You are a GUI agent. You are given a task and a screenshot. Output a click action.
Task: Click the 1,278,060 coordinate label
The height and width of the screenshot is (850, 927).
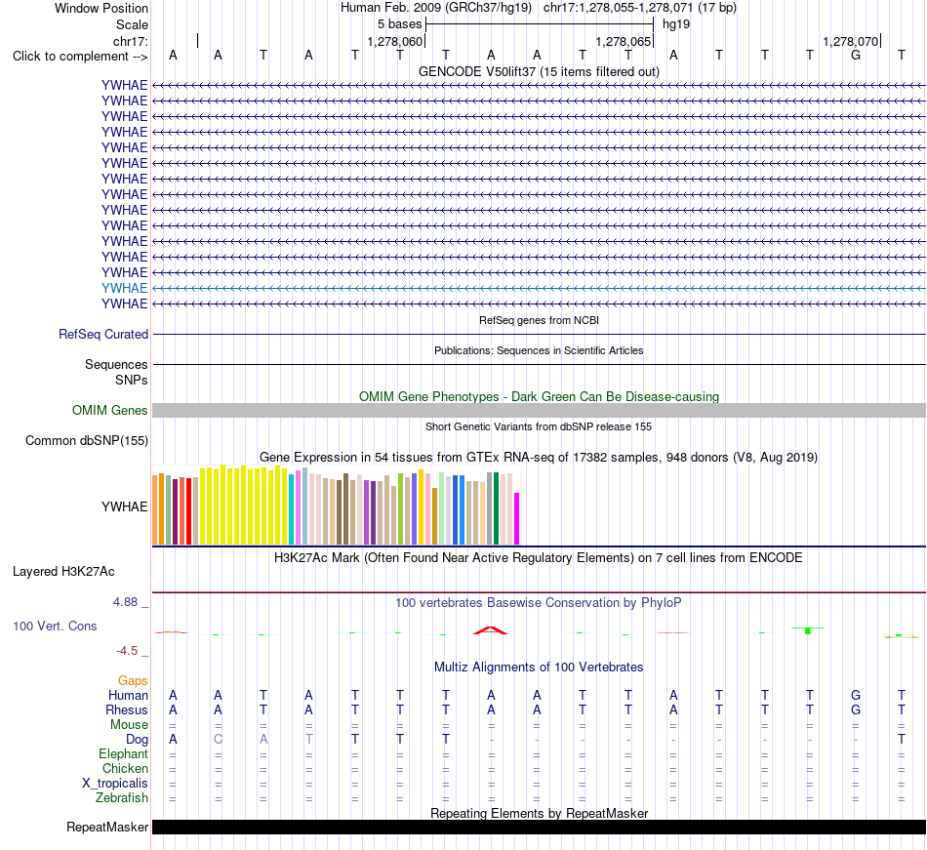(x=395, y=42)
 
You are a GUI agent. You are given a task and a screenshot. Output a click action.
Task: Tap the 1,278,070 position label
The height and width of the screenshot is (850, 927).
(x=851, y=42)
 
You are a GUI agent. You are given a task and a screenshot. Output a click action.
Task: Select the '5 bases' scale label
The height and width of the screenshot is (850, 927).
(x=400, y=24)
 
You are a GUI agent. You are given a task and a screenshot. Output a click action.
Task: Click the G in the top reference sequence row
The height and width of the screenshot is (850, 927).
(x=856, y=56)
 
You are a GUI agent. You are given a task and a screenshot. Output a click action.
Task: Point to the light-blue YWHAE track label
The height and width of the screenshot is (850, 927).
(x=124, y=288)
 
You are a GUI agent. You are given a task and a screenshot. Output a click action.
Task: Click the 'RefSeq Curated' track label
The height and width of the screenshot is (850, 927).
(x=103, y=334)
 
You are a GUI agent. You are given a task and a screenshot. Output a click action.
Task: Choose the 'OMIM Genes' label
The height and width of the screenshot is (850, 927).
(x=109, y=410)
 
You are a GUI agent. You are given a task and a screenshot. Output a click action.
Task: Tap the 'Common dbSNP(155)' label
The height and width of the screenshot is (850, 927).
(x=87, y=440)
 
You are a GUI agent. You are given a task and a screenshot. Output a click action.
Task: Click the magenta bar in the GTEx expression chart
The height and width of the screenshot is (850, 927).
(x=517, y=518)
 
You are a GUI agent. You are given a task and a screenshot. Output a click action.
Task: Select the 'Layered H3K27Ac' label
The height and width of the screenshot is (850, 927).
(x=63, y=572)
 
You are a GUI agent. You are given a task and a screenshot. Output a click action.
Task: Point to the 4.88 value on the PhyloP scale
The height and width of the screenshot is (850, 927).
(x=125, y=602)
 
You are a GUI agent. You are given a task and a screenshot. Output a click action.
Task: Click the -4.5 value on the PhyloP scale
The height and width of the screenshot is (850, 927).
(x=127, y=651)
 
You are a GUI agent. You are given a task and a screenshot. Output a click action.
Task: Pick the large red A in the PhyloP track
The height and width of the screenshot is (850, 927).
(x=490, y=630)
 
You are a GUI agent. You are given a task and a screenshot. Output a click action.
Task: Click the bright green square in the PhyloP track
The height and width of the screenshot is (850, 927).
(x=808, y=631)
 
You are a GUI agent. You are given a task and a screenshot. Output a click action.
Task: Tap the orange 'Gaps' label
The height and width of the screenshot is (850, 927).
(x=133, y=681)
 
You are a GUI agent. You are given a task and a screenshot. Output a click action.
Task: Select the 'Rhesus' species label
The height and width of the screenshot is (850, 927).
(x=127, y=709)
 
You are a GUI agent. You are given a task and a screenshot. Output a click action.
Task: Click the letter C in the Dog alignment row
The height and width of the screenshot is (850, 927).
(x=219, y=739)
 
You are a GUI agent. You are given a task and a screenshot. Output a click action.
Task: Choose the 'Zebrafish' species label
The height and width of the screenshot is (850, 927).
(x=122, y=798)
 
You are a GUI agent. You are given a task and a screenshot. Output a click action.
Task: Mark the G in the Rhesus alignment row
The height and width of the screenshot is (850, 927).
(x=856, y=709)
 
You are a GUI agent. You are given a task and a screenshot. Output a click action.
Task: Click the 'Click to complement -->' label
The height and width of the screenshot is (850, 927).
(x=80, y=57)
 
